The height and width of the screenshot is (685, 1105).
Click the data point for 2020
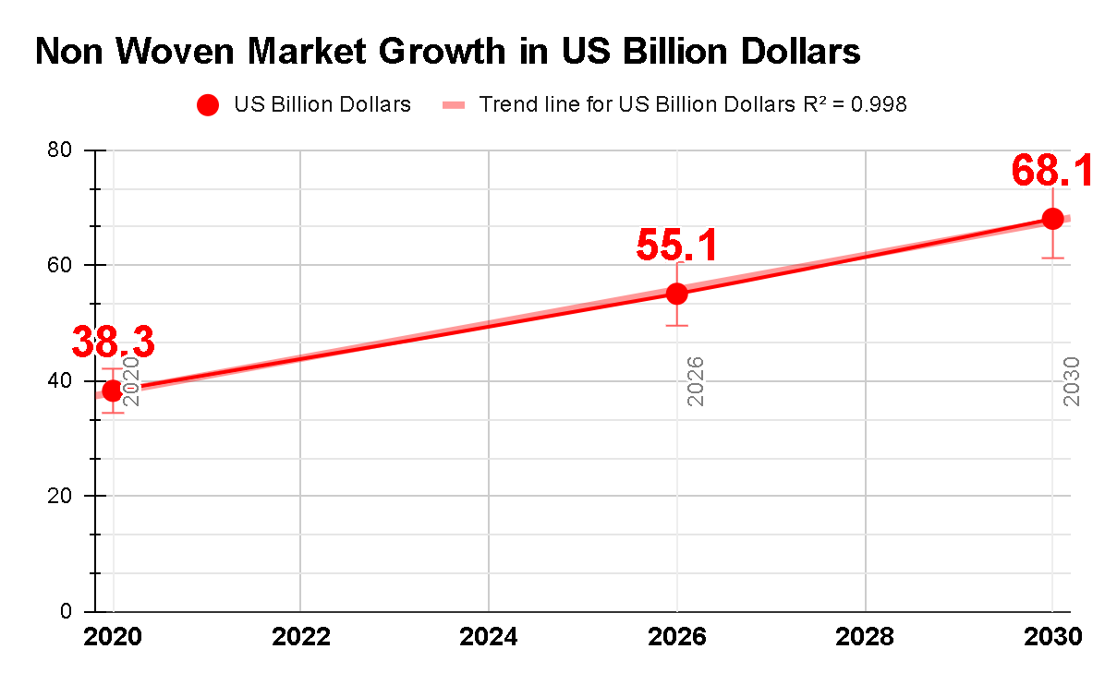(113, 391)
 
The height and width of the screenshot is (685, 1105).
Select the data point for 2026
(677, 294)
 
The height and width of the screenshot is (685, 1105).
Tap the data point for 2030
(1052, 219)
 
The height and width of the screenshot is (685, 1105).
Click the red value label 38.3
(113, 342)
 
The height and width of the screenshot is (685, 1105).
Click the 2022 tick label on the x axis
(301, 638)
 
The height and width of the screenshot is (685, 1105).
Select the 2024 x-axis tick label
(489, 638)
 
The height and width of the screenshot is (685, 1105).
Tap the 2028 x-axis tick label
(865, 638)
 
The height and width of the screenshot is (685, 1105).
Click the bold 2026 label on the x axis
(677, 638)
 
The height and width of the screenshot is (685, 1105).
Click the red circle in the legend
(208, 105)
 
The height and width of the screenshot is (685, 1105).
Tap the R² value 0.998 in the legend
(878, 104)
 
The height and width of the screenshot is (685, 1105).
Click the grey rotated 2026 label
(696, 380)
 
